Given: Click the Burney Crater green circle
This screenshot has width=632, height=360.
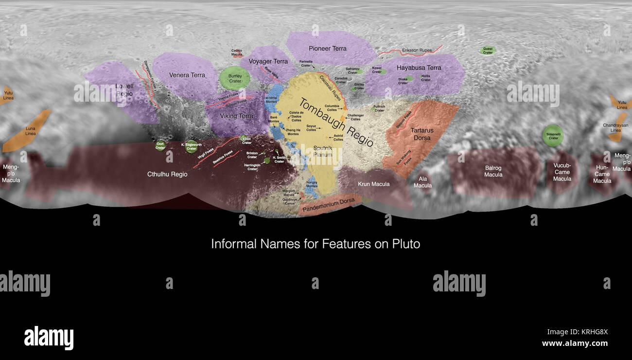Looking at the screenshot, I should tap(235, 78).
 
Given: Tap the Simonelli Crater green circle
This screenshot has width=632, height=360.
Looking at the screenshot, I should tap(553, 135).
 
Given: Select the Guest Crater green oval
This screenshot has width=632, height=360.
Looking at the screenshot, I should tap(488, 50).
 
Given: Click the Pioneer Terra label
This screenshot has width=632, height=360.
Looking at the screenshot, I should tap(328, 49).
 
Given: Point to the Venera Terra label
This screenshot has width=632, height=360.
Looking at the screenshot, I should tap(187, 75).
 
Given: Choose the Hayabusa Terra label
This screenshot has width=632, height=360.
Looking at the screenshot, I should tap(419, 68).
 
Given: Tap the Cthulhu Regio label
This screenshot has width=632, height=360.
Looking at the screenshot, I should tap(167, 174).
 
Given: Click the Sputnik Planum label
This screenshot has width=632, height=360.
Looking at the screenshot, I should tap(322, 150).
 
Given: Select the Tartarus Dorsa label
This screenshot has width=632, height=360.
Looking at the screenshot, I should tap(422, 134).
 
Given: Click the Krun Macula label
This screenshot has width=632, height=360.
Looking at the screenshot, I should tap(373, 184).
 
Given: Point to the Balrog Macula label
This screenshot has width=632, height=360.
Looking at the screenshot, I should tap(493, 171).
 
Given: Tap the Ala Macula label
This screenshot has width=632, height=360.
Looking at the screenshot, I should tap(422, 182).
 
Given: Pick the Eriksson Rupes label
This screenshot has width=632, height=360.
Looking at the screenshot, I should tap(417, 50).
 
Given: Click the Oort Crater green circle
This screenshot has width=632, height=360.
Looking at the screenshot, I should tap(160, 145).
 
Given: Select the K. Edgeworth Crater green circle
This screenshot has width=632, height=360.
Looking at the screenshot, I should tap(192, 146).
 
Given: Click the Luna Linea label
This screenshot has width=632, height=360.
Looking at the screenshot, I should tap(30, 130).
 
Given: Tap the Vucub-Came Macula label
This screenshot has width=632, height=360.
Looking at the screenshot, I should tap(562, 172).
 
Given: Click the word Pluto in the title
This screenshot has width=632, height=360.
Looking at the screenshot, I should tap(406, 244).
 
